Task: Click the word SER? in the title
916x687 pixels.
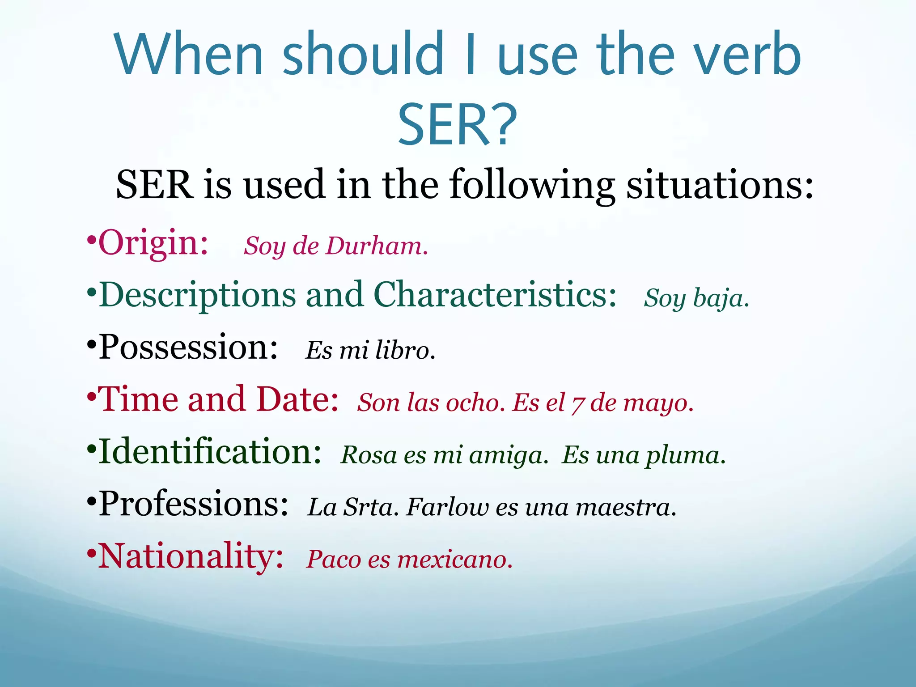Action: (458, 125)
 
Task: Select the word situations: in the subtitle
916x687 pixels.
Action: (720, 185)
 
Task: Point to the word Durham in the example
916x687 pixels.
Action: (376, 246)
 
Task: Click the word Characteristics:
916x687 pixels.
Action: (495, 295)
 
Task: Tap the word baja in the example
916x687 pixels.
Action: (720, 299)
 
